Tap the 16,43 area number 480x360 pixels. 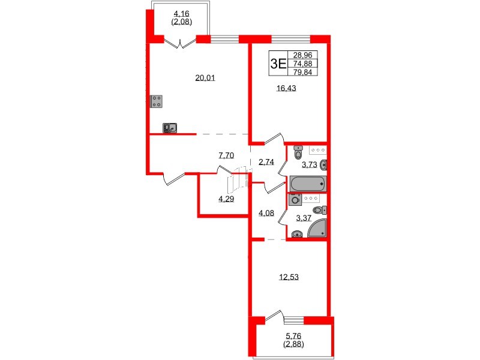[x=286, y=88]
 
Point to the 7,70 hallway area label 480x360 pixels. [x=226, y=155]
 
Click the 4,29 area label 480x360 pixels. [x=226, y=199]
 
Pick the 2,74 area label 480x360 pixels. [x=266, y=162]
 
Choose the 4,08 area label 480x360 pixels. [x=266, y=211]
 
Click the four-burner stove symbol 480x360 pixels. [x=157, y=101]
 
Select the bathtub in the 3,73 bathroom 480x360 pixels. [x=308, y=183]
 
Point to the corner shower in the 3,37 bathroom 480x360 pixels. [x=317, y=228]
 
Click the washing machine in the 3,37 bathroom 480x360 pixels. [x=295, y=200]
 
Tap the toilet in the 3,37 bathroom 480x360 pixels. [x=322, y=209]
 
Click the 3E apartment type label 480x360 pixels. [x=278, y=63]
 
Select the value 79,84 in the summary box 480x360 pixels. [x=304, y=73]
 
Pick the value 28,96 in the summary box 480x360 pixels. [x=304, y=55]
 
